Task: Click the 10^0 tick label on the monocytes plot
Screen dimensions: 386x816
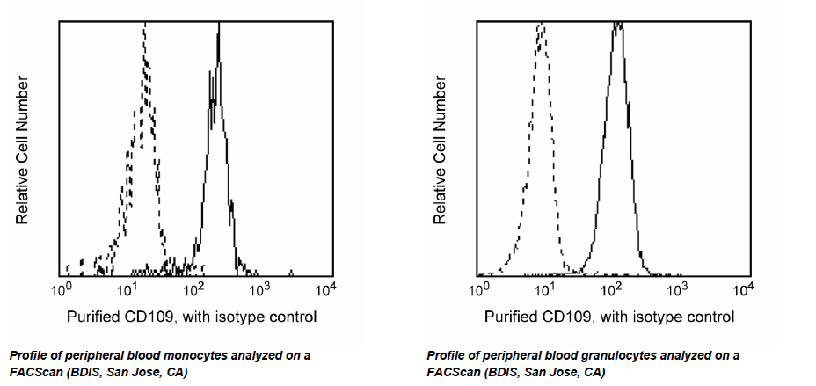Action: (62, 288)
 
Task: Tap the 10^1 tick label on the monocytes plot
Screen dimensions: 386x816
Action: (127, 288)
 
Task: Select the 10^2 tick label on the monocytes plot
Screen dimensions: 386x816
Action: (193, 288)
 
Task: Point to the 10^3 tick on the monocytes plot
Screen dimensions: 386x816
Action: (259, 288)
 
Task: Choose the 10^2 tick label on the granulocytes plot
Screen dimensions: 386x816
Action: (611, 288)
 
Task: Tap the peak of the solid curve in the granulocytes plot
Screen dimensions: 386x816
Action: (618, 25)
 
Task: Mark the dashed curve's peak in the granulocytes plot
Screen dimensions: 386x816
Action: (541, 26)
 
